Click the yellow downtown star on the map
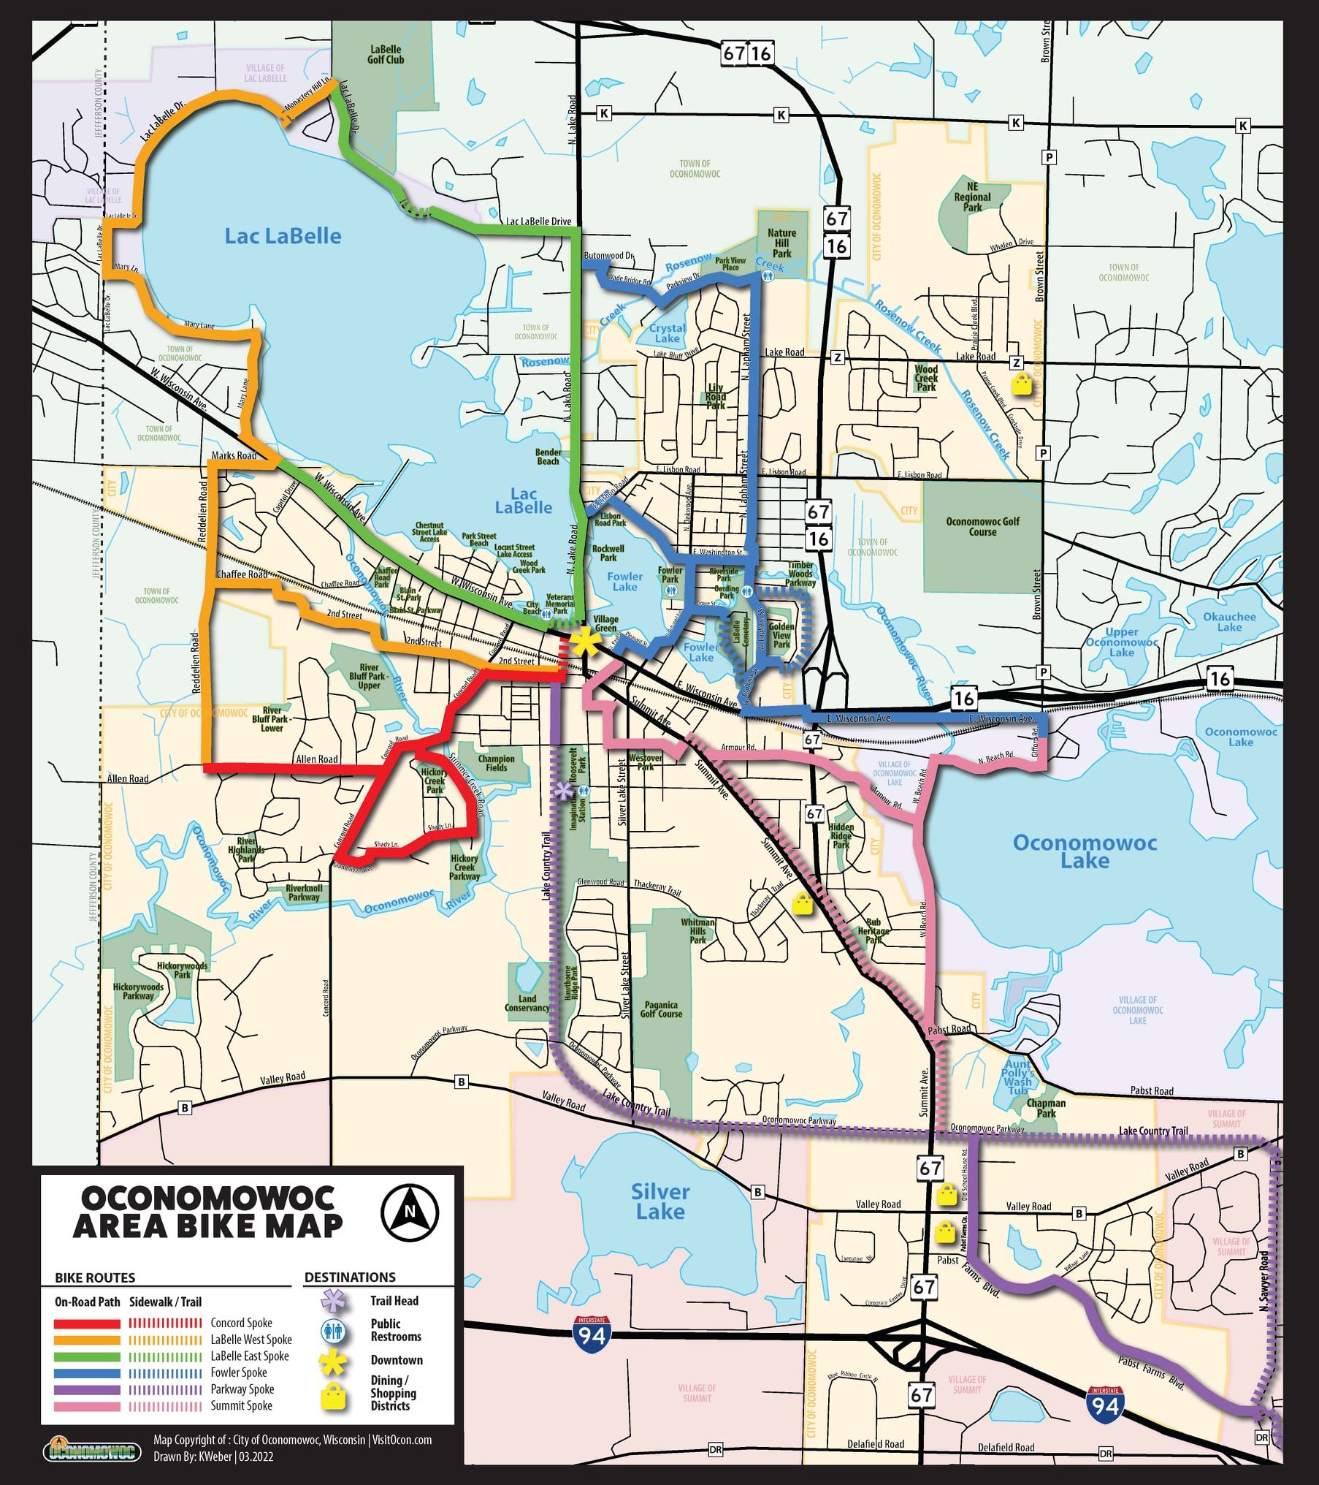pyautogui.click(x=584, y=642)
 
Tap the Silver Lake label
pyautogui.click(x=659, y=1201)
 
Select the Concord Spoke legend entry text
pyautogui.click(x=241, y=1323)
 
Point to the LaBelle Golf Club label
pyautogui.click(x=386, y=54)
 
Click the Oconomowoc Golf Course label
pyautogui.click(x=982, y=526)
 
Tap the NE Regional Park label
pyautogui.click(x=972, y=197)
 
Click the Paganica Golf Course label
pyautogui.click(x=661, y=1009)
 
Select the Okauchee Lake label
pyautogui.click(x=1229, y=621)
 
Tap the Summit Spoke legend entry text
pyautogui.click(x=241, y=1405)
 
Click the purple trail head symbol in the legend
pyautogui.click(x=333, y=1301)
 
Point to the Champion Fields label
pyautogui.click(x=497, y=763)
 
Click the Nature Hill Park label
pyautogui.click(x=781, y=243)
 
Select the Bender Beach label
pyautogui.click(x=548, y=457)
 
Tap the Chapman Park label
pyautogui.click(x=1046, y=1108)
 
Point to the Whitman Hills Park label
pyautogui.click(x=697, y=930)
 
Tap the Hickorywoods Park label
pyautogui.click(x=182, y=970)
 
